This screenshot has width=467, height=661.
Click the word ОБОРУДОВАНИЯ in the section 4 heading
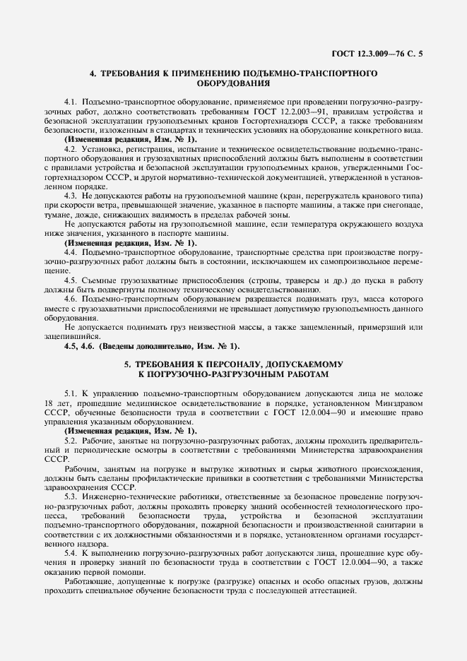(x=233, y=83)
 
